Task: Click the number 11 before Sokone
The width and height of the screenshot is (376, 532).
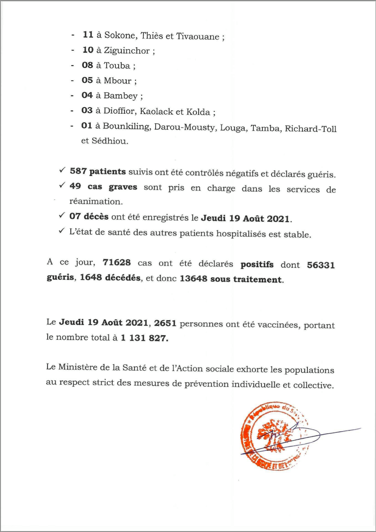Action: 88,35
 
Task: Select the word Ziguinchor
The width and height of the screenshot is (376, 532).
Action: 127,51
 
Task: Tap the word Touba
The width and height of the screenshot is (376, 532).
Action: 117,66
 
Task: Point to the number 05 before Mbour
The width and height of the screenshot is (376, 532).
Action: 87,81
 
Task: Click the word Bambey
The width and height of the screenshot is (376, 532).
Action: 121,96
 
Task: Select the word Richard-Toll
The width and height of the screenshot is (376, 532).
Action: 310,129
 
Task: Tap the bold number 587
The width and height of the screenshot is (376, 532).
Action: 78,171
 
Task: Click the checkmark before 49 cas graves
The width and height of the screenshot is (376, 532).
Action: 62,185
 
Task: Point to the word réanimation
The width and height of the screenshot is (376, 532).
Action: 96,202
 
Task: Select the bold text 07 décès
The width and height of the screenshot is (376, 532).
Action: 88,216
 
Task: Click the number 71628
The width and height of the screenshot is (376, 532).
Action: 117,263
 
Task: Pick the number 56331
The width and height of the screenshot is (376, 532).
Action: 321,265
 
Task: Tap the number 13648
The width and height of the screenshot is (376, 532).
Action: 194,279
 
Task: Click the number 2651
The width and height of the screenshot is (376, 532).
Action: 165,323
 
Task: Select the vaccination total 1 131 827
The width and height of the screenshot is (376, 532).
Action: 144,338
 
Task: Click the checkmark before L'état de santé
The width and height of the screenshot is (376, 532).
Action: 62,231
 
